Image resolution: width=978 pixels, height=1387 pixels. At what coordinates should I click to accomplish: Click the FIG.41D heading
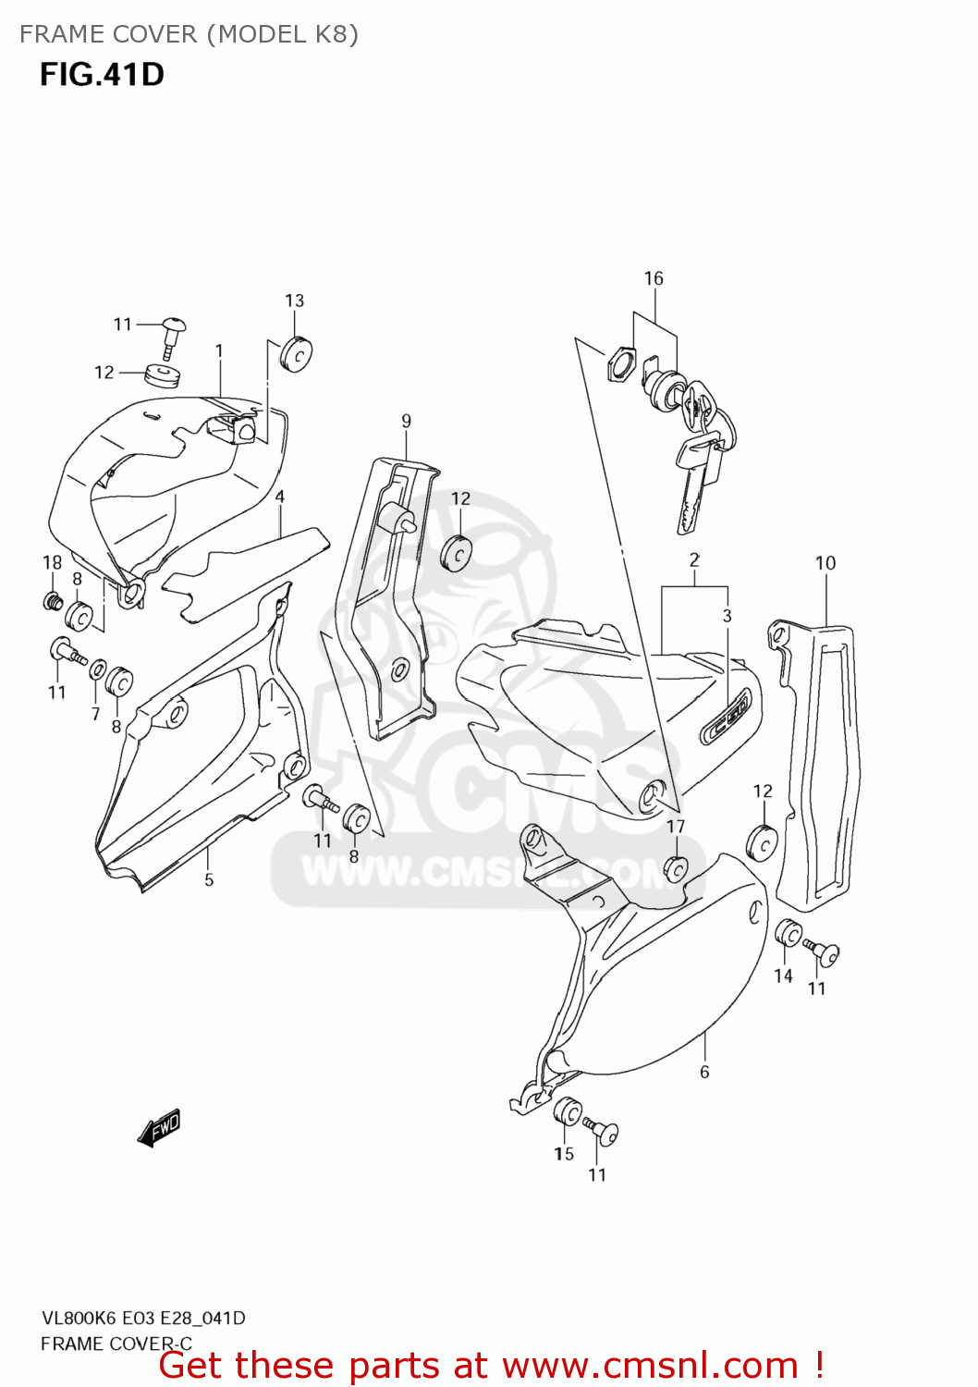(102, 74)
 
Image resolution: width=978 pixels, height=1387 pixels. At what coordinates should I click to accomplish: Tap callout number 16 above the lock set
(654, 278)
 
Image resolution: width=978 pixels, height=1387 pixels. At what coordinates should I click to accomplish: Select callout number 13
(294, 301)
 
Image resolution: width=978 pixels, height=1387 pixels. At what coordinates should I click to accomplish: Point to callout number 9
(407, 422)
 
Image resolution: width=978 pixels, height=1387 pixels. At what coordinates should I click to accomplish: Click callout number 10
(825, 563)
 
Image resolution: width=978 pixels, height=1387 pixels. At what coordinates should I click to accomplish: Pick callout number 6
(704, 1072)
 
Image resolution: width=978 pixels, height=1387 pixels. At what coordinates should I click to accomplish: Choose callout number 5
(209, 879)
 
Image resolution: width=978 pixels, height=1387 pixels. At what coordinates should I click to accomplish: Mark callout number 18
(53, 562)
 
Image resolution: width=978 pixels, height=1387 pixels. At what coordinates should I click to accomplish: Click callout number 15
(564, 1153)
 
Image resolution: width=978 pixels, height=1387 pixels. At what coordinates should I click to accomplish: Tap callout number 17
(676, 826)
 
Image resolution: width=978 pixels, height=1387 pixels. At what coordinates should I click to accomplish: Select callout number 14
(783, 976)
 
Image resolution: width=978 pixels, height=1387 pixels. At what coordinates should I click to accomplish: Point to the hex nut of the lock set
(620, 362)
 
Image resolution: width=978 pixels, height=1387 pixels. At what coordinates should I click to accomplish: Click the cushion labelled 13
(296, 355)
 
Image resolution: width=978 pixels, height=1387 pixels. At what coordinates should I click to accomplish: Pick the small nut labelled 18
(53, 602)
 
